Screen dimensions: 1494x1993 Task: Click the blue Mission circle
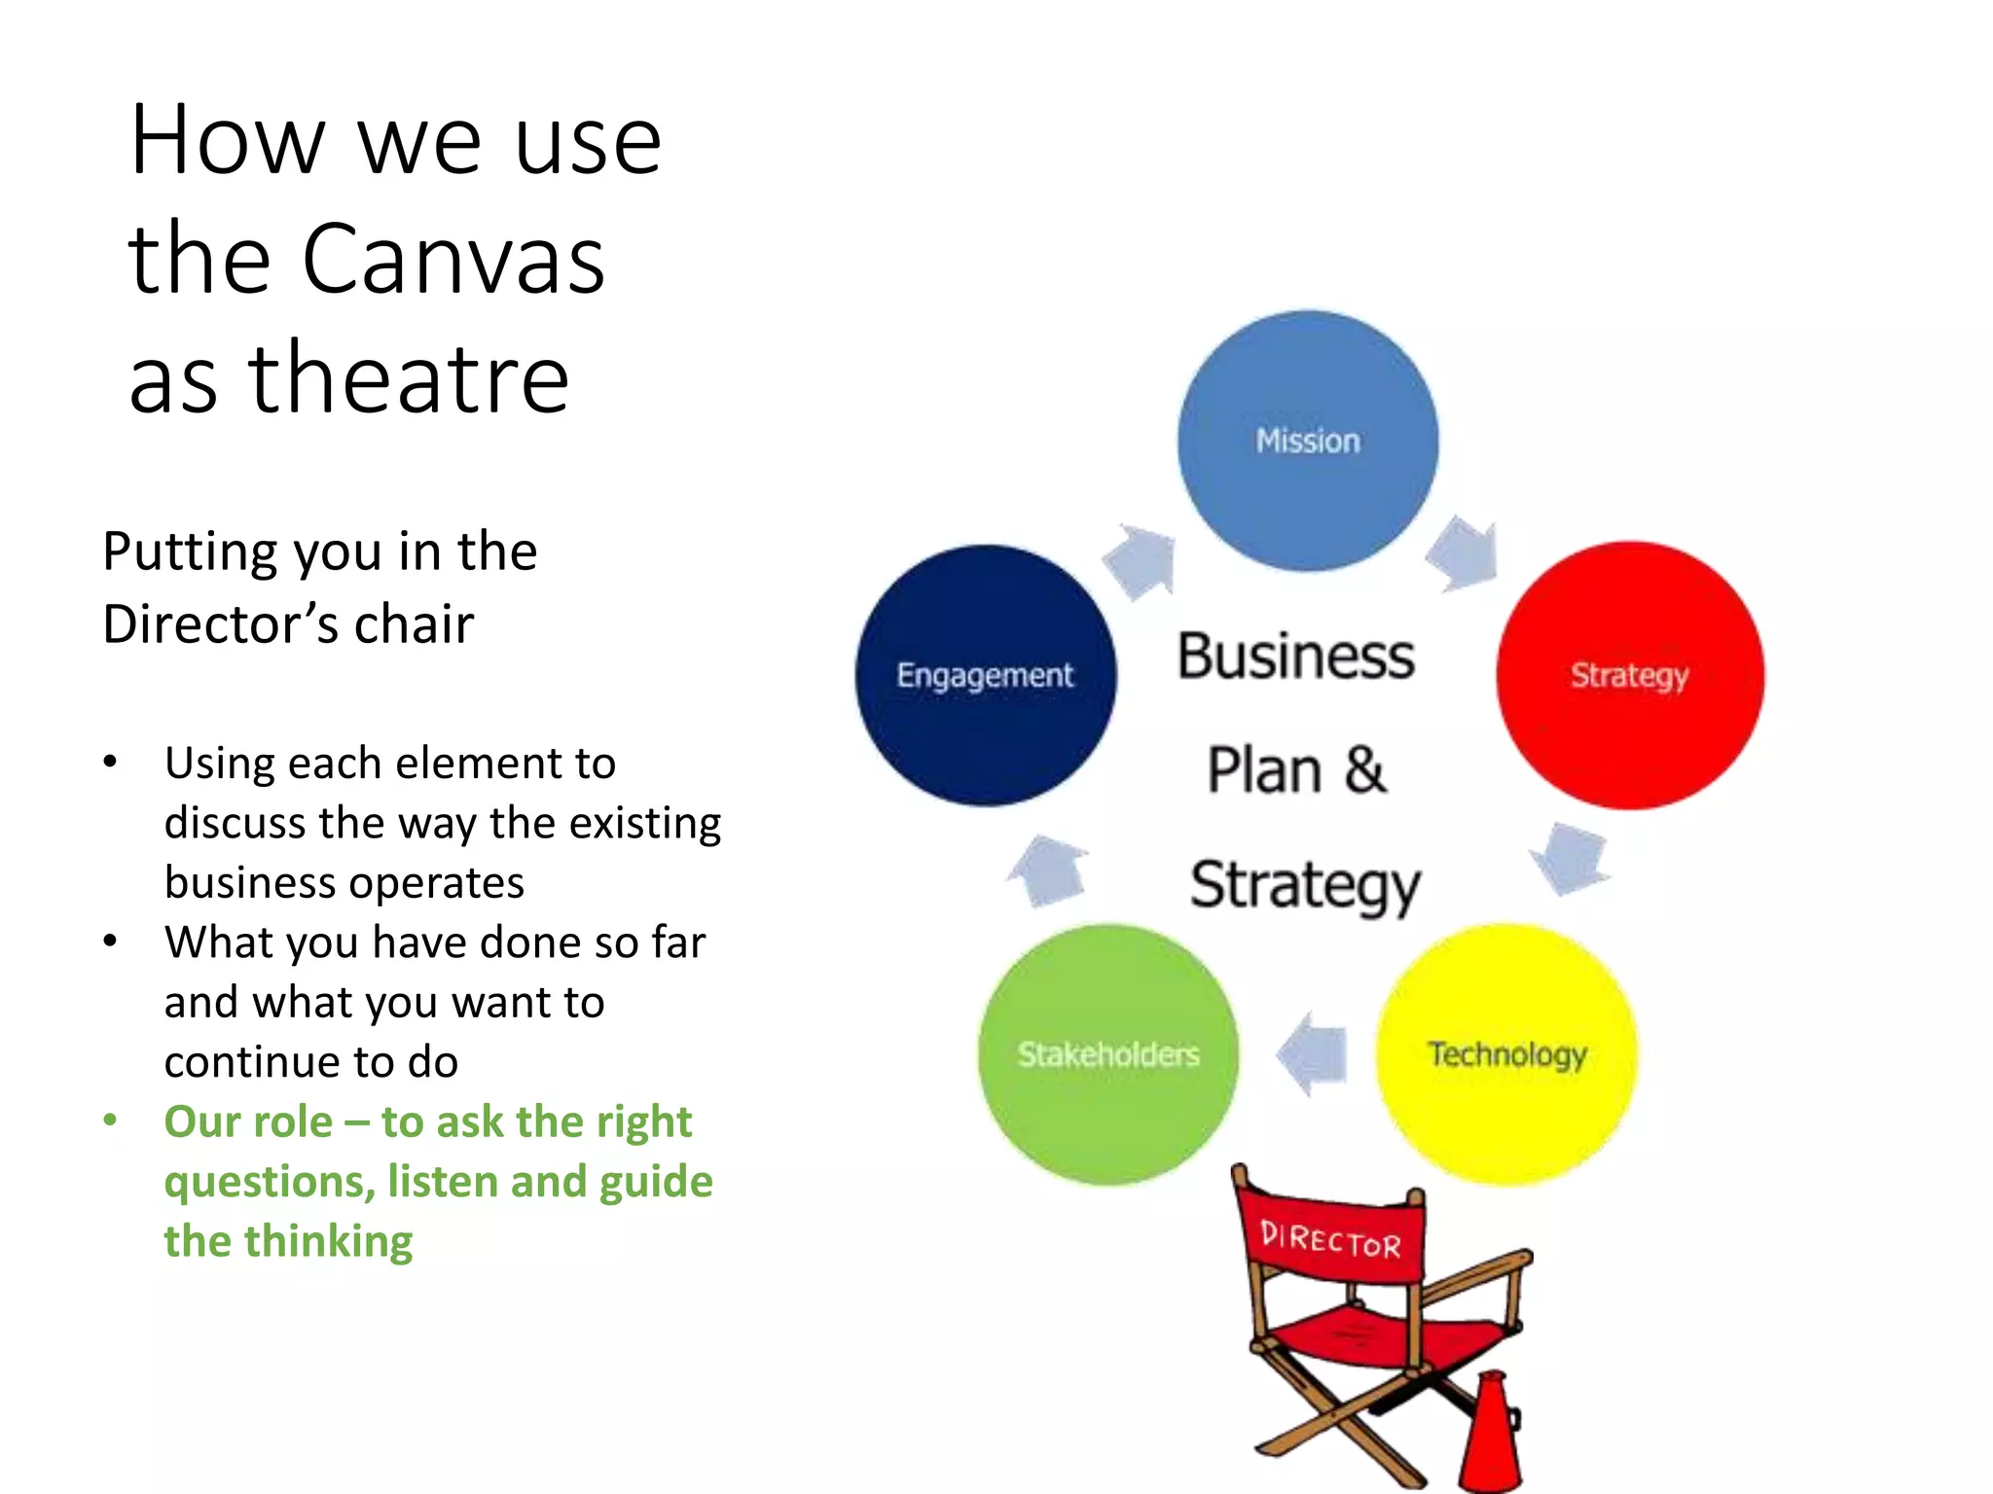(1308, 441)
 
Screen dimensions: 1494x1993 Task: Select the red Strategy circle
(1630, 675)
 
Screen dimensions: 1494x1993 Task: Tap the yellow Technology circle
(1506, 1054)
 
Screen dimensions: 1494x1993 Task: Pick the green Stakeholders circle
(1108, 1054)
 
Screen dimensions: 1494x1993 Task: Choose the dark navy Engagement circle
(986, 675)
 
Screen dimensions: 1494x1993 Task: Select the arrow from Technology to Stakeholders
(1313, 1054)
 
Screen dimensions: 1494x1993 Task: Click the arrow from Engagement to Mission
(1141, 561)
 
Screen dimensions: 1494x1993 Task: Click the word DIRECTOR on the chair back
(1330, 1239)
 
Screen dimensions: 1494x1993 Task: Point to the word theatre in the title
(409, 379)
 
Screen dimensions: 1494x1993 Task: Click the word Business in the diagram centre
(1296, 657)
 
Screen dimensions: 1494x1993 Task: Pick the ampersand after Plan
(1365, 769)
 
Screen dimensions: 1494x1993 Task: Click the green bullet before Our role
(111, 1120)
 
